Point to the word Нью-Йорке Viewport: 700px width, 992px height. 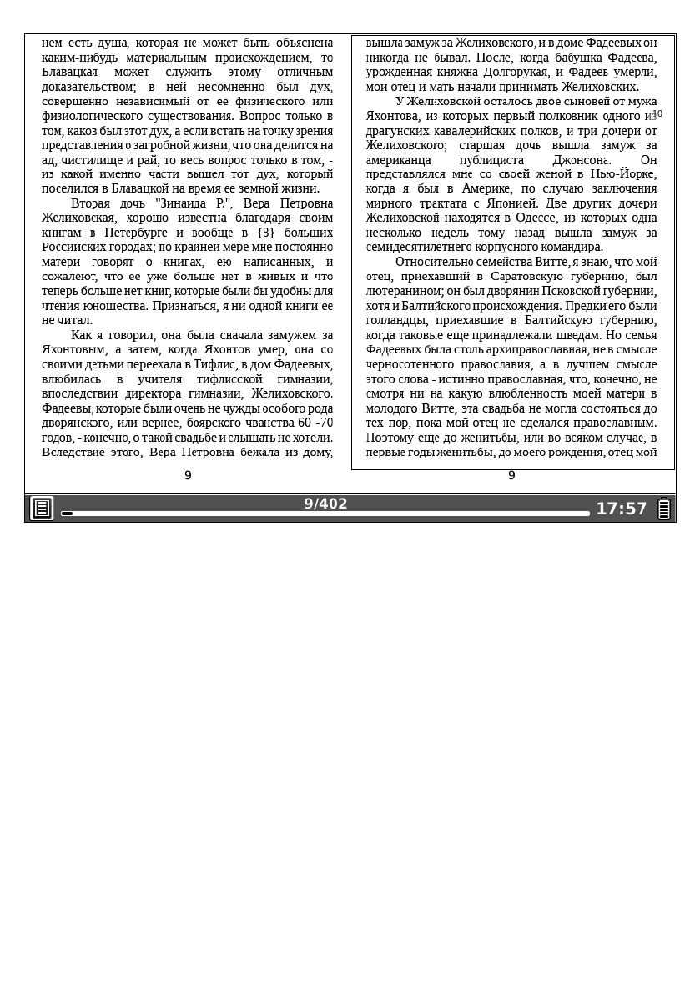pos(622,174)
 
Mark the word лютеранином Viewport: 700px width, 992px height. pos(405,291)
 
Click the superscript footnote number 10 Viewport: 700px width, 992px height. pos(657,113)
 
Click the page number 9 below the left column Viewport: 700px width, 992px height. pos(188,475)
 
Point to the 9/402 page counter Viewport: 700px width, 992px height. pos(325,504)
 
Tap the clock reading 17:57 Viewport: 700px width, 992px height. pos(621,509)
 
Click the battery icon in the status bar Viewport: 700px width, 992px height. pos(664,509)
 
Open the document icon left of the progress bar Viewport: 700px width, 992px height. pos(42,508)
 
